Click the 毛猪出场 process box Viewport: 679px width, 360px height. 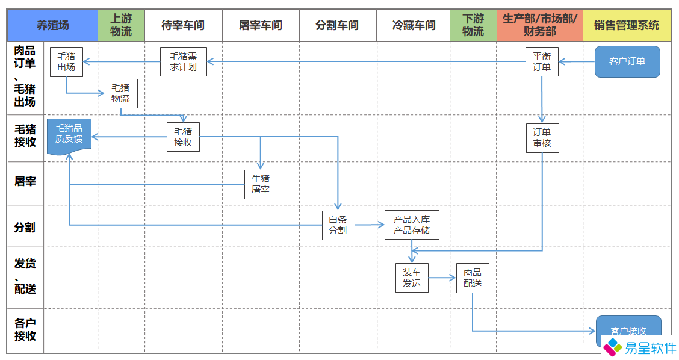click(x=66, y=62)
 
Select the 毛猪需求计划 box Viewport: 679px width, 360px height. click(x=184, y=62)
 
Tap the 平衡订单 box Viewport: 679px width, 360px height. click(x=542, y=62)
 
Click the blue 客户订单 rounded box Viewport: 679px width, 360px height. click(x=627, y=61)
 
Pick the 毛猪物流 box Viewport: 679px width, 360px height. click(x=120, y=93)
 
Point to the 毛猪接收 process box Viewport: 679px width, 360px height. click(x=183, y=137)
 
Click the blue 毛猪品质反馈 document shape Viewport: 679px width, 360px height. click(x=69, y=135)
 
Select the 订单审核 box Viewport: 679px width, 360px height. click(x=542, y=138)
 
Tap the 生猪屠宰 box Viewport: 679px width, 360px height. click(x=261, y=184)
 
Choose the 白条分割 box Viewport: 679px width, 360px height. click(x=338, y=225)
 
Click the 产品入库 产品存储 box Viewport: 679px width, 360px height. click(x=412, y=225)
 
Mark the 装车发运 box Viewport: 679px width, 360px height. click(x=412, y=278)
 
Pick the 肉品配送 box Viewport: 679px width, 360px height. click(x=473, y=278)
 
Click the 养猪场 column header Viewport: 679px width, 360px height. click(x=52, y=25)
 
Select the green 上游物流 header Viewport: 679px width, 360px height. click(x=121, y=25)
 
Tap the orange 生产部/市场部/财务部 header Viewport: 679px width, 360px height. click(x=539, y=25)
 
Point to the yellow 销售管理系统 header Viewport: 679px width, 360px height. click(x=627, y=25)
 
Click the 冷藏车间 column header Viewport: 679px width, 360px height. click(x=414, y=25)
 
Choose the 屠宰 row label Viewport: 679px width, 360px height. click(x=25, y=181)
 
